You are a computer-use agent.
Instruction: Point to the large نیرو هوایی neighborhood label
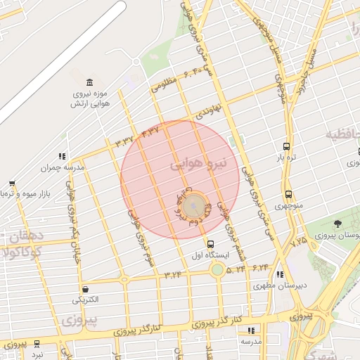pos(199,165)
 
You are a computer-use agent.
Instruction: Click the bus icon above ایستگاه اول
pos(211,244)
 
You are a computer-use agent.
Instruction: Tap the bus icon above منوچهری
pos(288,195)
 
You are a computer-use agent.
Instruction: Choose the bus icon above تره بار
pos(286,146)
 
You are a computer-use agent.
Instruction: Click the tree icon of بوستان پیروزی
pos(338,224)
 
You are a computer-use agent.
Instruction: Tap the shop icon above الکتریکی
pos(86,288)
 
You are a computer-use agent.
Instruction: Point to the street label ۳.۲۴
pos(172,274)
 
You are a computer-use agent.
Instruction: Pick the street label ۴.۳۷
pos(150,131)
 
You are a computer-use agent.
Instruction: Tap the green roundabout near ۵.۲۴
pos(218,270)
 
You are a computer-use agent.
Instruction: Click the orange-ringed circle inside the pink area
pos(195,207)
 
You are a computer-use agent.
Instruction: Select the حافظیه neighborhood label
pos(342,134)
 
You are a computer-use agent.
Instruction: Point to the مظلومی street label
pos(163,84)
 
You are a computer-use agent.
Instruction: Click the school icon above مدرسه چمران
pos(63,156)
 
